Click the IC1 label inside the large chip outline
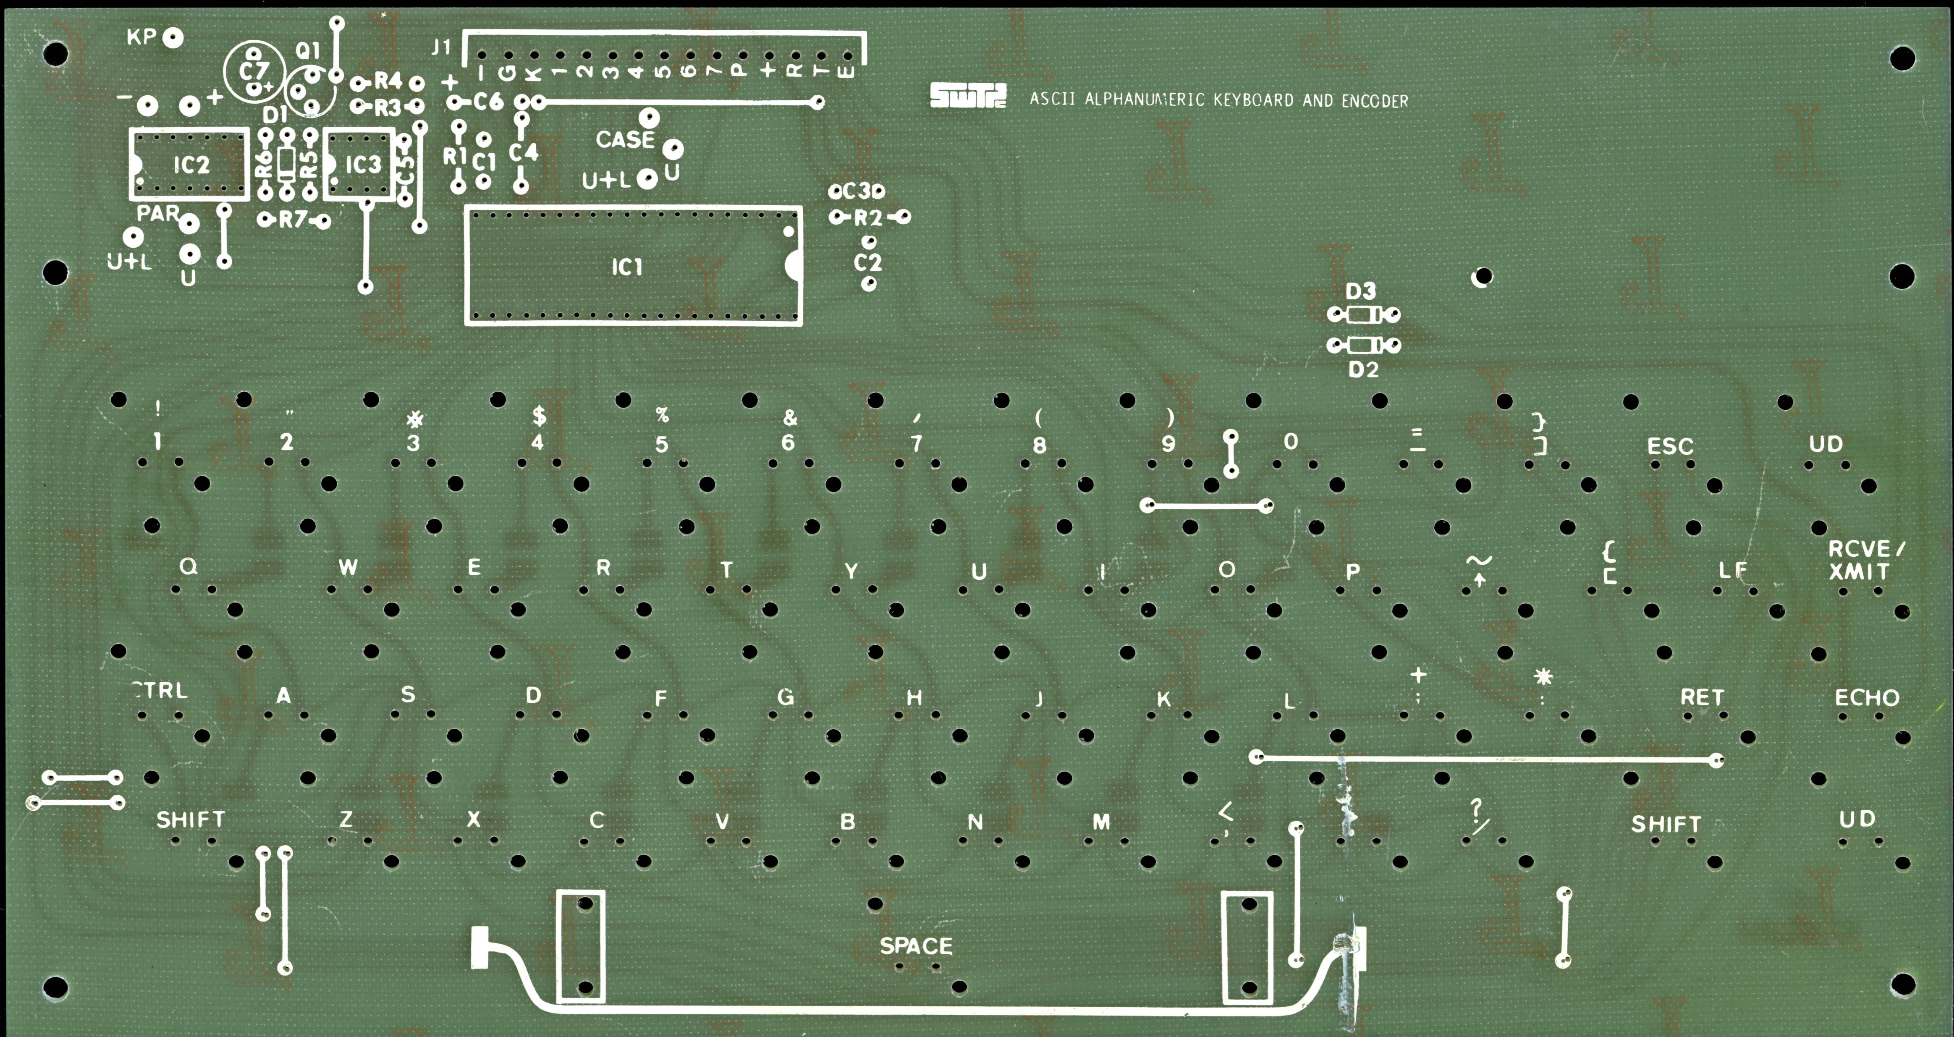626,267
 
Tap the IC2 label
191,165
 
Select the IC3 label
363,165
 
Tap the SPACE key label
916,946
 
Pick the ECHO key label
1867,698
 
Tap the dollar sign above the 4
539,416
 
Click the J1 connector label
441,47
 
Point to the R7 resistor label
293,220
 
